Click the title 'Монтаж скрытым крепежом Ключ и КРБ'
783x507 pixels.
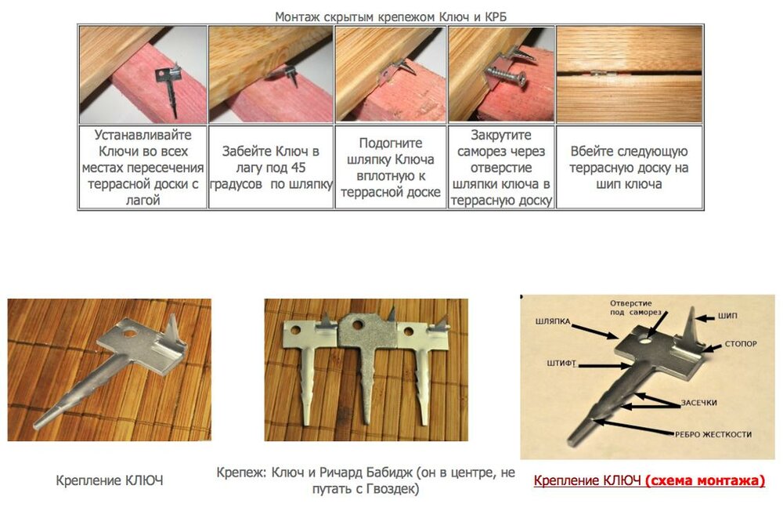(x=391, y=16)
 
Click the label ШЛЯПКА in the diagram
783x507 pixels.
(x=552, y=321)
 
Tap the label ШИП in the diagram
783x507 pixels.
(x=727, y=316)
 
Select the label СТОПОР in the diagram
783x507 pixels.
(x=741, y=344)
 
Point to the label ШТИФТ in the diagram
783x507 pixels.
(x=561, y=363)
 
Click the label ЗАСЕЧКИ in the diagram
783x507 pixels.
(x=699, y=403)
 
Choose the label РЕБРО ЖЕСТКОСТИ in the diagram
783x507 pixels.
(x=713, y=434)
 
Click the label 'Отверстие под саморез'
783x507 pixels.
(x=633, y=307)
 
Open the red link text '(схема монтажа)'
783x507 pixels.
(x=705, y=480)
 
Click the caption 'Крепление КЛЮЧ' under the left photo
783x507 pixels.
(x=110, y=480)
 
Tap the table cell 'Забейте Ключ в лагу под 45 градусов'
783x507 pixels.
(x=271, y=168)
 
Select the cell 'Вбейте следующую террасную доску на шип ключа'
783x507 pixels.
(x=629, y=168)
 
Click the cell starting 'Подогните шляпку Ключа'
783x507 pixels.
(x=391, y=168)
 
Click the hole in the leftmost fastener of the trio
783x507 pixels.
(x=296, y=331)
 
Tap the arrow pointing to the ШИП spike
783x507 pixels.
(x=705, y=318)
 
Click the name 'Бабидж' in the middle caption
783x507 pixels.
(x=389, y=472)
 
